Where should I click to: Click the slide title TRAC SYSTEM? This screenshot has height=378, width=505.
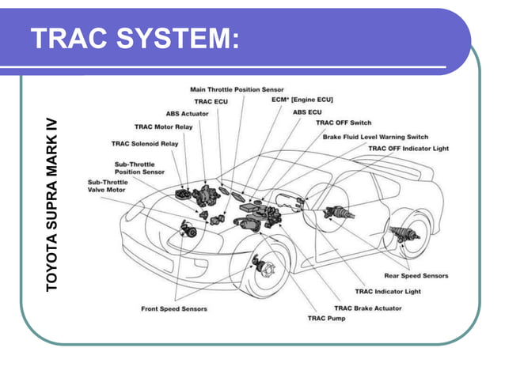135,38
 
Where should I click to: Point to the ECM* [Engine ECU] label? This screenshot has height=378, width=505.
303,100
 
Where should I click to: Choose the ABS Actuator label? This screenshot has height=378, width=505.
188,114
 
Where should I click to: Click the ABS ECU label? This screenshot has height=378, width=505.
307,113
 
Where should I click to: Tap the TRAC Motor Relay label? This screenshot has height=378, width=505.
163,127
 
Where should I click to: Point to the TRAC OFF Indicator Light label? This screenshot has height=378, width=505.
408,148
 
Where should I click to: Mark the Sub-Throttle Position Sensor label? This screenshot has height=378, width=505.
139,167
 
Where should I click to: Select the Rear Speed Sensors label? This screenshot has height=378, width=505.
416,276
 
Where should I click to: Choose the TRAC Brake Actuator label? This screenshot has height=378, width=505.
367,308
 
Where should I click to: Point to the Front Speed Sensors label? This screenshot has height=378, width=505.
174,308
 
